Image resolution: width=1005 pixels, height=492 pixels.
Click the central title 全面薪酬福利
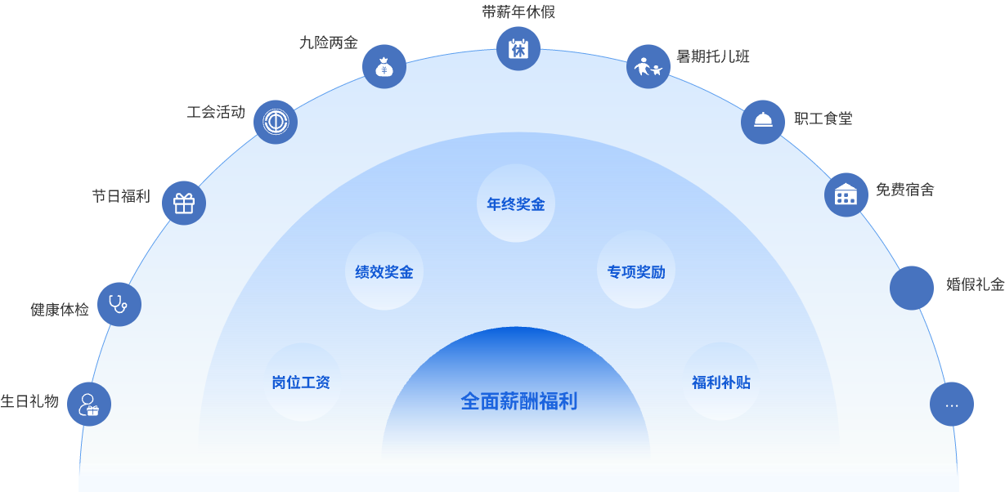(x=518, y=401)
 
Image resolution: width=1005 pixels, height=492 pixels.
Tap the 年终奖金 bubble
(x=516, y=204)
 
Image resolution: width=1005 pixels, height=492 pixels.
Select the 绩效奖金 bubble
(x=384, y=272)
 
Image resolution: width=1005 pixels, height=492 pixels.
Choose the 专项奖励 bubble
(x=636, y=272)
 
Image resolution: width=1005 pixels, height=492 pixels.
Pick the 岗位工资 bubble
(x=301, y=382)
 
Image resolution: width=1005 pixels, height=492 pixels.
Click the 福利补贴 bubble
(x=721, y=382)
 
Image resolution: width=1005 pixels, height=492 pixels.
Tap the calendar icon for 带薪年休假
(x=518, y=49)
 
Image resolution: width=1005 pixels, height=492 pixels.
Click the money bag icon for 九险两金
(x=384, y=67)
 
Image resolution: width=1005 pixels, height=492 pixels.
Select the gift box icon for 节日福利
(x=184, y=203)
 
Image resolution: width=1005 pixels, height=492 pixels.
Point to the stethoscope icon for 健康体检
(x=119, y=304)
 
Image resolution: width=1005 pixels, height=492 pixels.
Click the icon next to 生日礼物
(x=89, y=404)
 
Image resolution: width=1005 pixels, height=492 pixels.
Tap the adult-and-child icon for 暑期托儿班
(x=648, y=66)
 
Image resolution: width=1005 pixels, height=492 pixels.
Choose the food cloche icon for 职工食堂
(x=763, y=122)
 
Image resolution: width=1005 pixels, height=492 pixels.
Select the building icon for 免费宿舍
(x=846, y=195)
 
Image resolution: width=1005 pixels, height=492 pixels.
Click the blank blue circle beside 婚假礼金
(x=912, y=288)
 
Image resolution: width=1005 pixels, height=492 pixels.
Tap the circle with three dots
(x=952, y=404)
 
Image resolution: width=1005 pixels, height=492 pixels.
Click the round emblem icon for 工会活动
(x=276, y=122)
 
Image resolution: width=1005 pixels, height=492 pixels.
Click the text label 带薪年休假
(x=518, y=12)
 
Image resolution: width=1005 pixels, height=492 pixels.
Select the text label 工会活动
(x=216, y=112)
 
